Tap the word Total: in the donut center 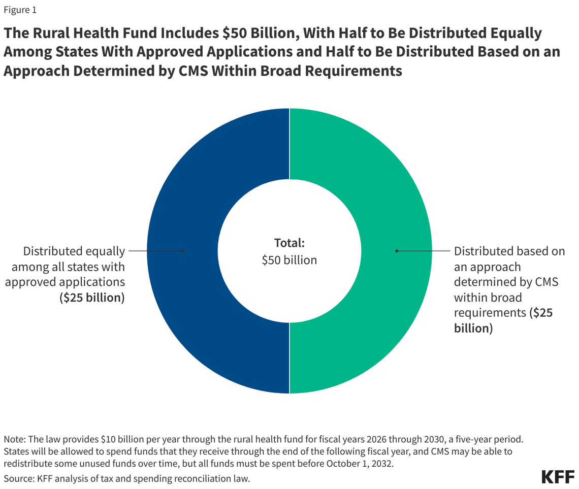point(289,242)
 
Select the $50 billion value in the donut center point(289,260)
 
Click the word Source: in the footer point(18,477)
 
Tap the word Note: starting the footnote point(14,439)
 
